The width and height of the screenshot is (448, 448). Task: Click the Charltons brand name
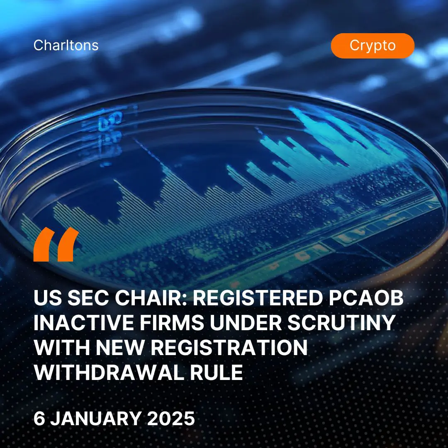(66, 45)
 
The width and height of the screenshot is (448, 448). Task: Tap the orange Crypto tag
(373, 46)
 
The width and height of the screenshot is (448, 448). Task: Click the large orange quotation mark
(56, 244)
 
